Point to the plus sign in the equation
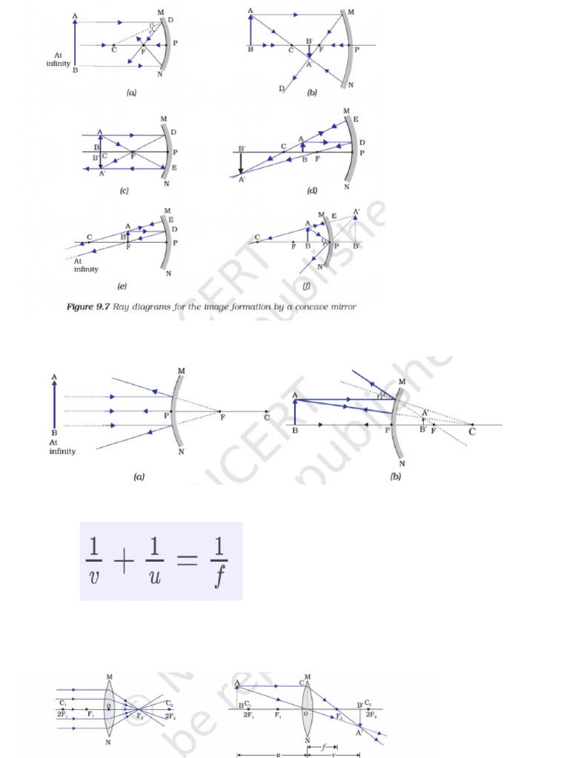click(124, 562)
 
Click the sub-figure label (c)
click(124, 191)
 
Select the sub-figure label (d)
click(312, 191)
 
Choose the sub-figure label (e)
click(122, 285)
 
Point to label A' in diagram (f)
click(357, 212)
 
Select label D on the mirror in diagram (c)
click(173, 133)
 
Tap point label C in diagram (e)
click(89, 237)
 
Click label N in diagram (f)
click(319, 266)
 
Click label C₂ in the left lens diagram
click(169, 703)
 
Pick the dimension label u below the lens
click(270, 754)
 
